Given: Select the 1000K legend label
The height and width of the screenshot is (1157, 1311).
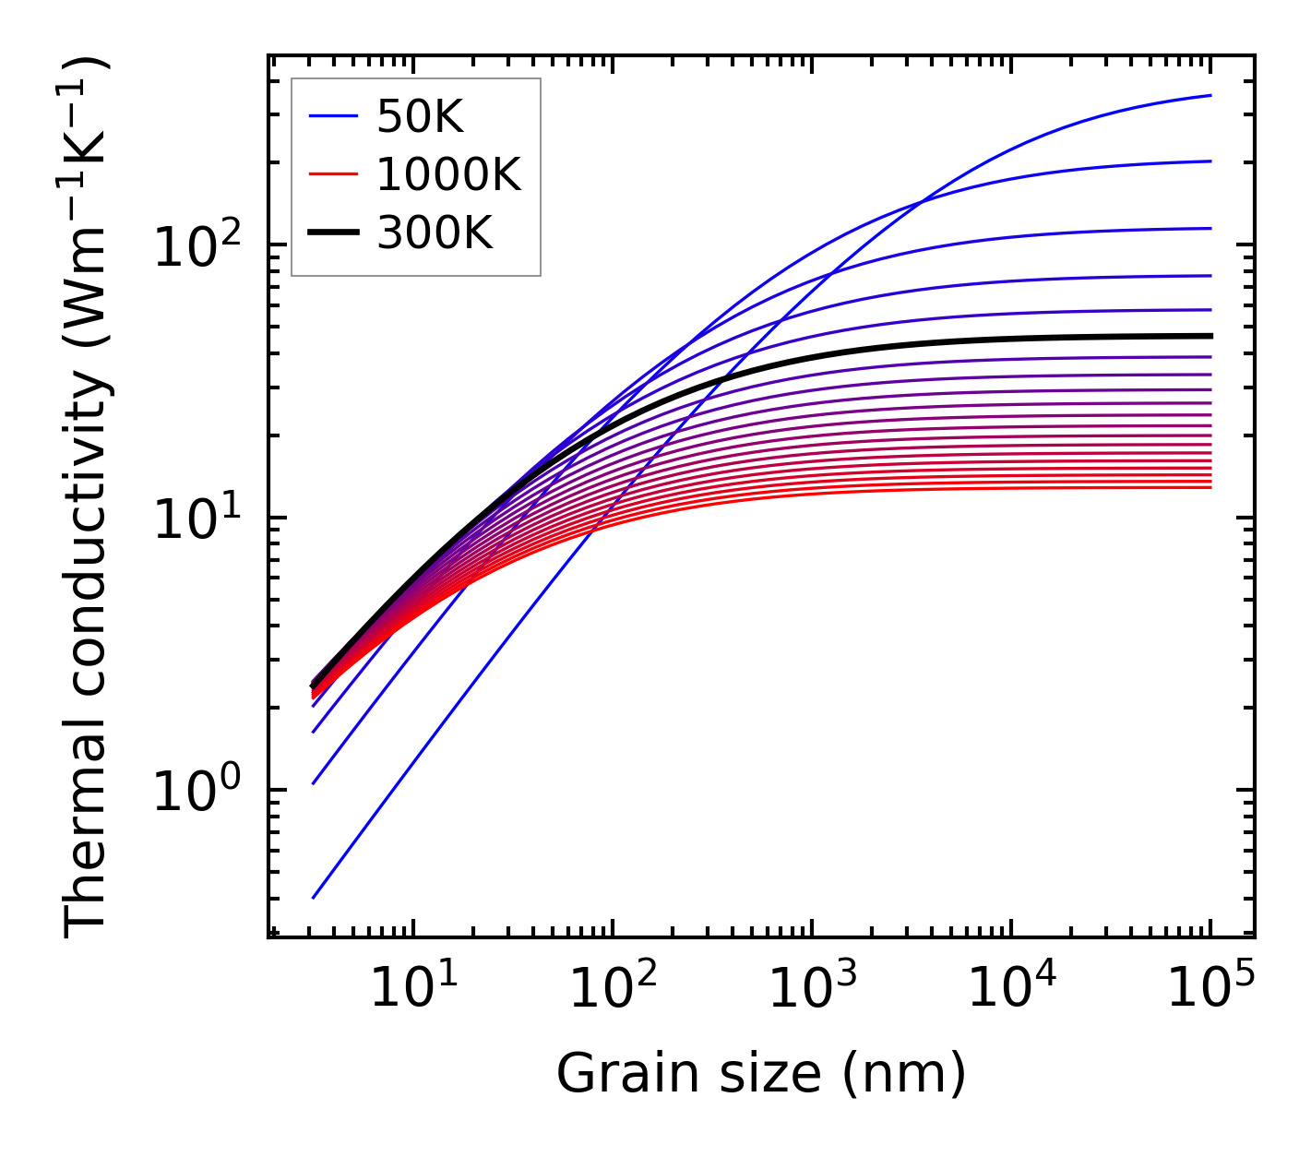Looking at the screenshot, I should [448, 174].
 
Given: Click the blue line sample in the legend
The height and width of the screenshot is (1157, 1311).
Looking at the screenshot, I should [332, 116].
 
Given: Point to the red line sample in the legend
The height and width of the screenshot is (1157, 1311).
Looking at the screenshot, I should [332, 174].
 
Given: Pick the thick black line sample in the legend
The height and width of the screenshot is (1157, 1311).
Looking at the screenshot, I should [332, 233].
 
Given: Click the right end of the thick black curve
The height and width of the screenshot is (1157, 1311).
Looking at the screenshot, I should [1210, 336].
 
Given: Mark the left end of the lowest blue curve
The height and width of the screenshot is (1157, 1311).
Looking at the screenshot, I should [314, 897].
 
